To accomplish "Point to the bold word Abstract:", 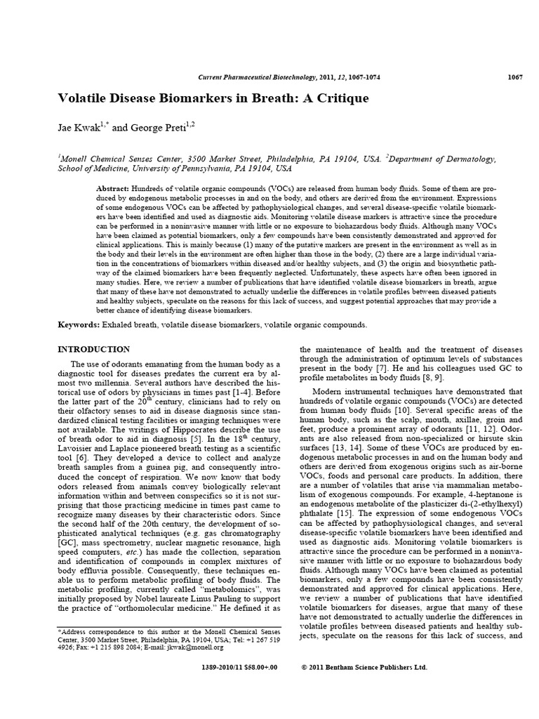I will point(112,190).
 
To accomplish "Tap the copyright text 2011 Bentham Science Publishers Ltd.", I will point(368,667).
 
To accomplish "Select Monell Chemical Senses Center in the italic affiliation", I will point(107,159).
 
